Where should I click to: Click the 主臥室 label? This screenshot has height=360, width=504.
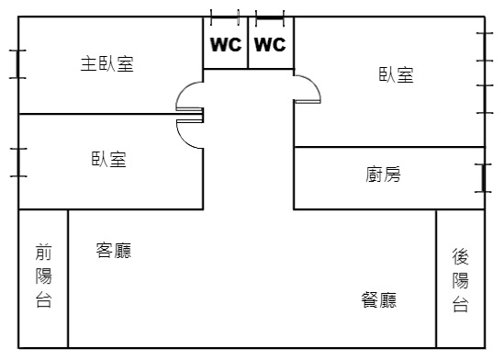[x=107, y=63]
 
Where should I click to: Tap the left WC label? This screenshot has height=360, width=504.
[x=226, y=44]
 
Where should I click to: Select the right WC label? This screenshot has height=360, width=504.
[x=270, y=44]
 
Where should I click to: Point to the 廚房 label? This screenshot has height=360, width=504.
[x=383, y=174]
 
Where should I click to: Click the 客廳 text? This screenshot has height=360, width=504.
[x=114, y=251]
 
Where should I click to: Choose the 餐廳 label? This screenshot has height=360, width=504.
[x=378, y=300]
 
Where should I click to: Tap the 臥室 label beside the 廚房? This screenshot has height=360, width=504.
[x=396, y=75]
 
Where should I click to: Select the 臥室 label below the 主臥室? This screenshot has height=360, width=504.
[x=109, y=159]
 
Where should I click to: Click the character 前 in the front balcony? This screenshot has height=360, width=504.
[x=43, y=252]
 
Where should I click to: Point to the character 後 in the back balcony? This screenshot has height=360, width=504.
[x=460, y=256]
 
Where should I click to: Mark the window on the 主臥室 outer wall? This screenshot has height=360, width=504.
[x=17, y=64]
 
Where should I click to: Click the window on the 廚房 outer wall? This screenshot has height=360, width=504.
[x=483, y=178]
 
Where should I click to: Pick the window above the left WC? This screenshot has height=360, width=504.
[x=225, y=17]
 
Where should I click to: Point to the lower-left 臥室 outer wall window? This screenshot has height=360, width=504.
[x=18, y=163]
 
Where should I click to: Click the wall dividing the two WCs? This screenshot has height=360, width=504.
[x=248, y=42]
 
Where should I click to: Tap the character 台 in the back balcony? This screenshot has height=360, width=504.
[x=460, y=304]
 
